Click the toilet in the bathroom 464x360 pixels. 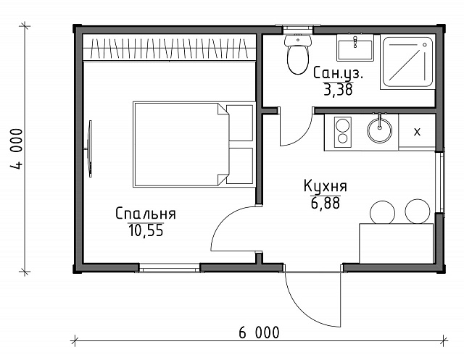[x=298, y=54]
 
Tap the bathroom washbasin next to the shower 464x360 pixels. [x=355, y=48]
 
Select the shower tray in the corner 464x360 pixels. [x=407, y=62]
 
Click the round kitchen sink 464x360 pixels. [x=380, y=130]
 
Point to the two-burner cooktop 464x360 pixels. [x=343, y=132]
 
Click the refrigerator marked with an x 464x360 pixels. [x=417, y=132]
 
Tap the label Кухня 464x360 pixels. [x=326, y=186]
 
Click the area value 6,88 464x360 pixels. [x=325, y=203]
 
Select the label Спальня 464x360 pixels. [x=146, y=214]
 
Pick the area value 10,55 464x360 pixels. [x=146, y=230]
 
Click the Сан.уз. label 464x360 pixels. [x=339, y=73]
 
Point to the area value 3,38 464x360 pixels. [x=339, y=90]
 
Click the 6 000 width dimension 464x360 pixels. [x=259, y=332]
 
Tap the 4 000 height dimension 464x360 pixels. [x=17, y=148]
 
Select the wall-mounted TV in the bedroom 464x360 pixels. [x=89, y=148]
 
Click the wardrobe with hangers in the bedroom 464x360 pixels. [x=169, y=48]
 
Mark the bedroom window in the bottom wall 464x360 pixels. [x=169, y=268]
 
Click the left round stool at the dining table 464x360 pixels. [x=382, y=212]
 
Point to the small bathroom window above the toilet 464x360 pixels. [x=298, y=29]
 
